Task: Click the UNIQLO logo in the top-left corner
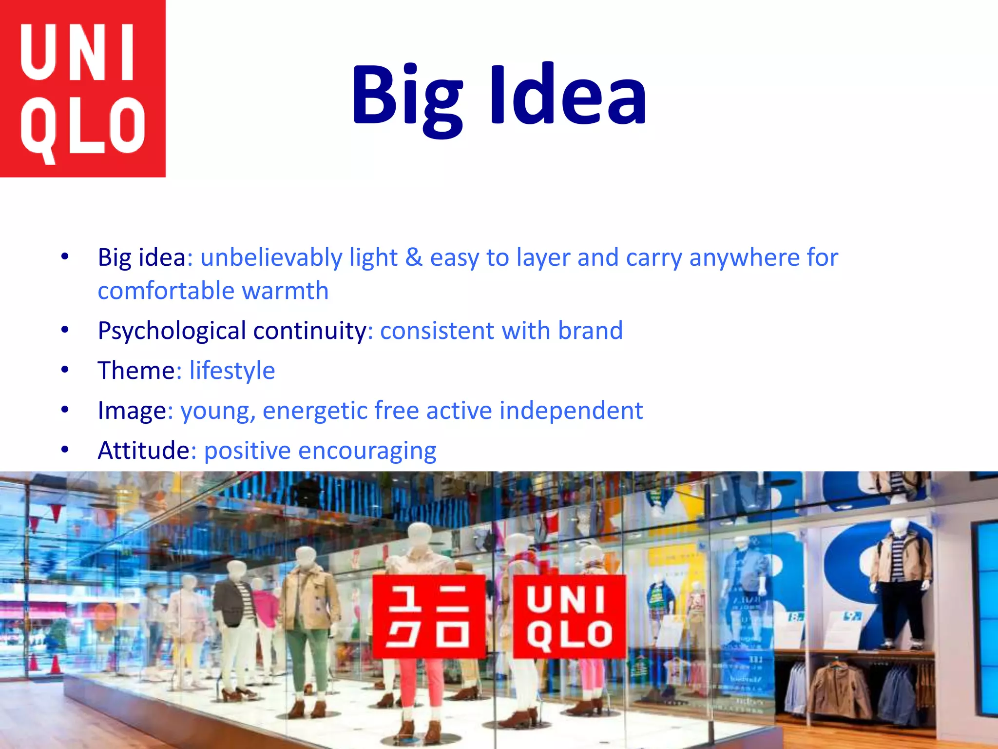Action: click(83, 88)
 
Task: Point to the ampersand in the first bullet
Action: click(414, 257)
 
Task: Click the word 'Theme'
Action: click(136, 371)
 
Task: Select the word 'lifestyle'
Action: click(232, 371)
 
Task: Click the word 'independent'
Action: click(571, 411)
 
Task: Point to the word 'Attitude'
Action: click(143, 451)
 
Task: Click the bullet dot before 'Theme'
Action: click(65, 370)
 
